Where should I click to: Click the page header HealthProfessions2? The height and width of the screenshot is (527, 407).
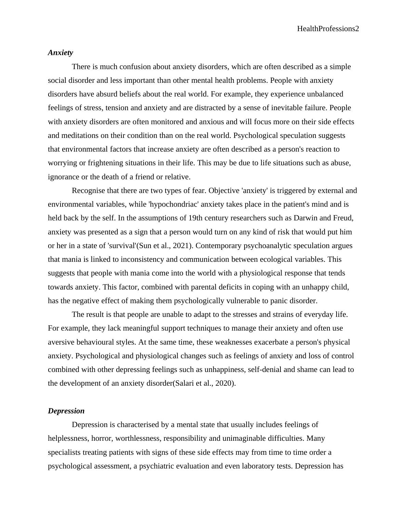[328, 29]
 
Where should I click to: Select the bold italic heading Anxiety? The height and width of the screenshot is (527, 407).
[61, 53]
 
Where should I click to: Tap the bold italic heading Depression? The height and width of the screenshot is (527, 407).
[66, 411]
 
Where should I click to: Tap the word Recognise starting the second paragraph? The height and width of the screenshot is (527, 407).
[88, 191]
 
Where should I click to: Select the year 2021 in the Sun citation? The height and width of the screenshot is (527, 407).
[181, 246]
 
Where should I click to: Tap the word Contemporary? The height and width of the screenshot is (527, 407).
[216, 246]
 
